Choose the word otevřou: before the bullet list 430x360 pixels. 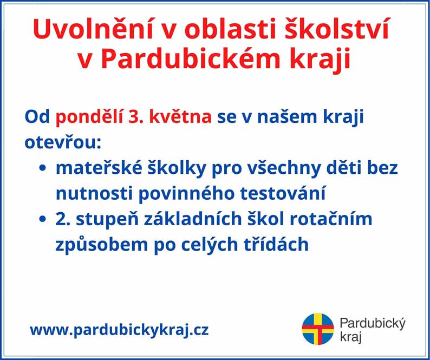63,143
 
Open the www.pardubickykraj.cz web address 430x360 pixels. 119,330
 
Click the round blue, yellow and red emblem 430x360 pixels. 317,329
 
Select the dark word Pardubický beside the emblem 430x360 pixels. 373,324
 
